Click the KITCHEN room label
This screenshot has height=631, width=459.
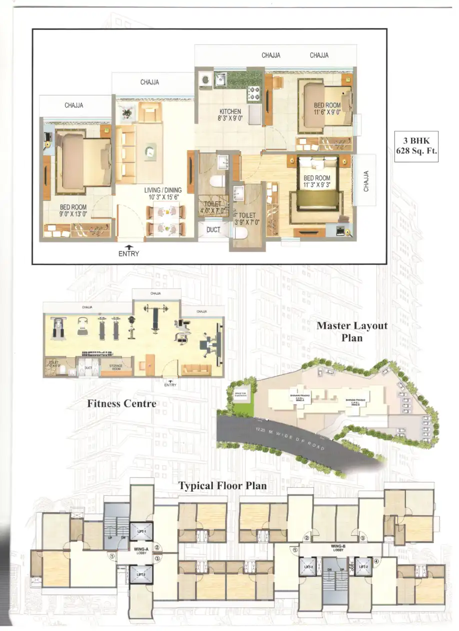230,111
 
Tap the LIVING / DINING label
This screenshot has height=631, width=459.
163,190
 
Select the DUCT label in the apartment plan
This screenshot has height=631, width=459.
213,230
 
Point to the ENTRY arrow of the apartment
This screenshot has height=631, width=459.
129,247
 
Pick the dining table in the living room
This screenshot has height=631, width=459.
163,220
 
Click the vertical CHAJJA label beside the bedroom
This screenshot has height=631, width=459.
366,181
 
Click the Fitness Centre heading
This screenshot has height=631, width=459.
121,403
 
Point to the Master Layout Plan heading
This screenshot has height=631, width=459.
352,331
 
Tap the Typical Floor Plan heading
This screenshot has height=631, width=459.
222,485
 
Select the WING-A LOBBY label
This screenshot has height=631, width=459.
139,551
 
